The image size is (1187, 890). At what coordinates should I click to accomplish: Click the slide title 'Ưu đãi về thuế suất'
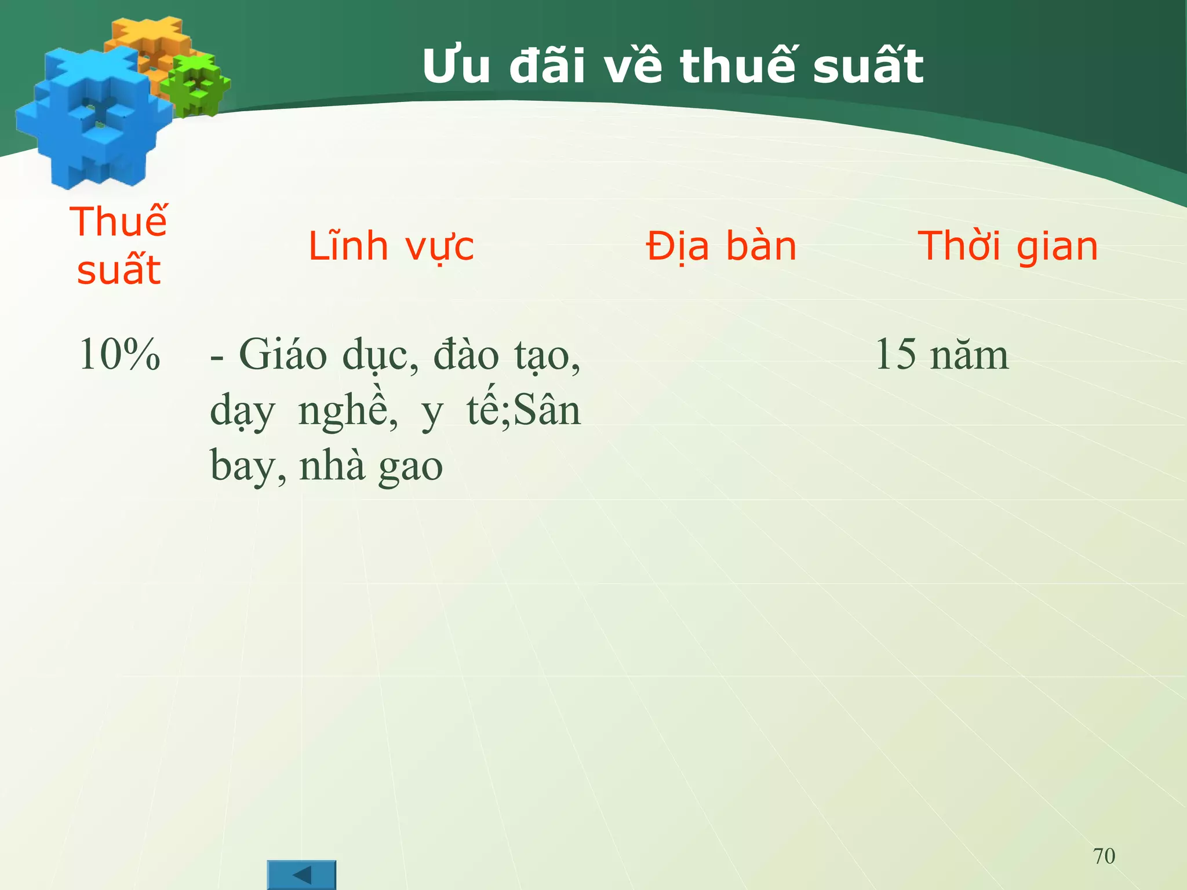pos(672,67)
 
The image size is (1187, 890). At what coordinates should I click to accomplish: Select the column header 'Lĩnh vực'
pos(391,246)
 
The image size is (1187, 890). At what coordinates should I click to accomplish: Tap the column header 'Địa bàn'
pos(721,246)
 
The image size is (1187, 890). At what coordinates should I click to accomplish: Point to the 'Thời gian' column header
pos(1007,246)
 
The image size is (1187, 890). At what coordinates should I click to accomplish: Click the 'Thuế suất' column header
pos(119,246)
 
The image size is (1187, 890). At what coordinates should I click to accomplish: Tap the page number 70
pos(1104,856)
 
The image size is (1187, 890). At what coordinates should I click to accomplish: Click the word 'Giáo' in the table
pos(283,355)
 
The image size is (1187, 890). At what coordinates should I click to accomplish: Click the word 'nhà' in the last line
pos(332,465)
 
